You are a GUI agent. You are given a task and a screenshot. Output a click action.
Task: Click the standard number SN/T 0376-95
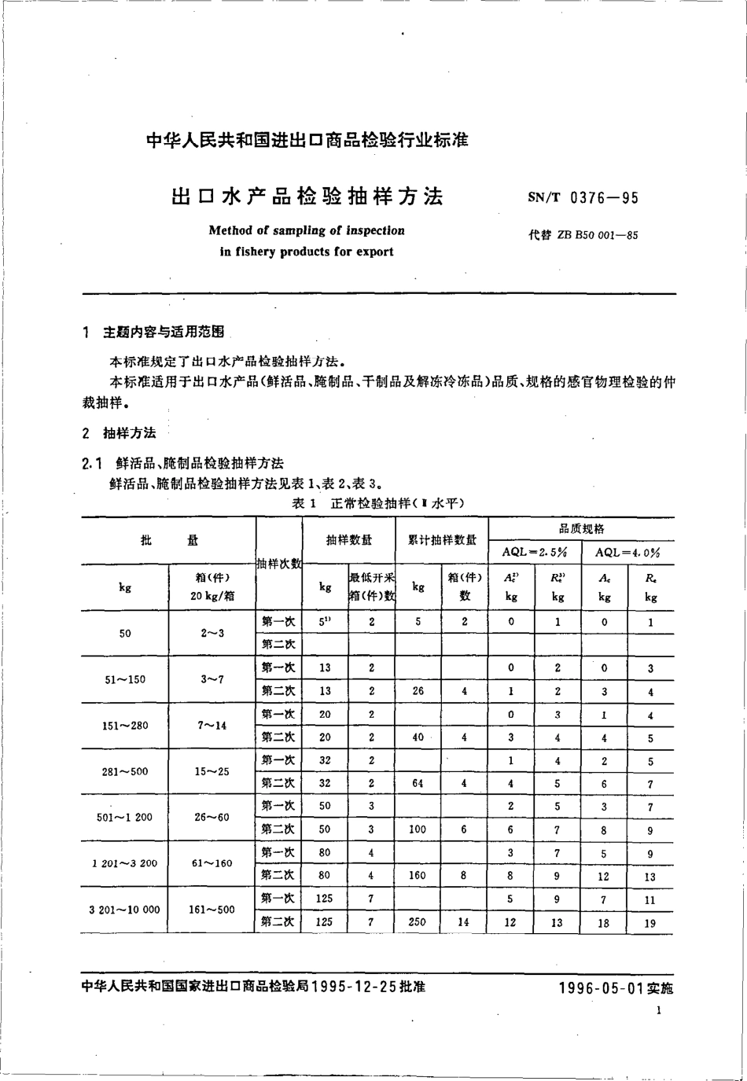coord(583,198)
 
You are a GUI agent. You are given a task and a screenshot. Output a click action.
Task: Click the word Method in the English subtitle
coord(230,231)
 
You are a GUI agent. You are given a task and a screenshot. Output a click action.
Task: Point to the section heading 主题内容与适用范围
coord(164,333)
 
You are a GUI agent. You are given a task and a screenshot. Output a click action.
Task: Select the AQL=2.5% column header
coord(535,552)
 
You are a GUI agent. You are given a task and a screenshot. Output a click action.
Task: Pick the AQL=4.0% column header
coord(627,552)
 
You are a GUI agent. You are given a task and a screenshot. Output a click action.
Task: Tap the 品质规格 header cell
coord(581,528)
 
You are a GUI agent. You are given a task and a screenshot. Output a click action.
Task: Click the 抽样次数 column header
coord(279,563)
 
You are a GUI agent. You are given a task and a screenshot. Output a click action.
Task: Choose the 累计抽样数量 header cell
coord(441,540)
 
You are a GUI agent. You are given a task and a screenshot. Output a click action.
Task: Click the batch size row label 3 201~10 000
coord(124,910)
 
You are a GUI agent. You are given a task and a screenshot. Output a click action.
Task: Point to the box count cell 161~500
coord(212,910)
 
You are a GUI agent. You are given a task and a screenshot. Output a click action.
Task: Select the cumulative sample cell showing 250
coord(418,921)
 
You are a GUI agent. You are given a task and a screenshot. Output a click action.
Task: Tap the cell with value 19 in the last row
coord(649,923)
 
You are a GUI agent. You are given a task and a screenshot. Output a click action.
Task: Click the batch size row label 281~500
coord(124,771)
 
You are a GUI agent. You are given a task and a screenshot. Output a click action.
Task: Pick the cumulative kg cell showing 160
coord(418,875)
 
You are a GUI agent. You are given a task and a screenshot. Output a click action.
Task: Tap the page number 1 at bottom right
coord(659,1010)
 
